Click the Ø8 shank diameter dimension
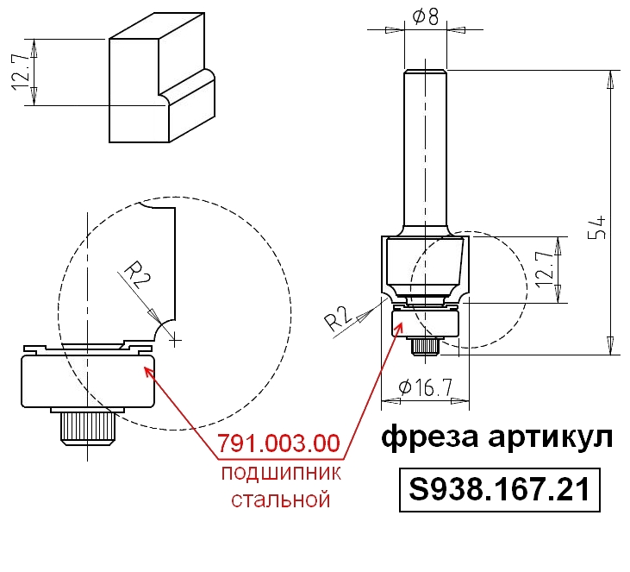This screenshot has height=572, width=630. coord(425,17)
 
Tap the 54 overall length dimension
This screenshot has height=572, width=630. coord(597,228)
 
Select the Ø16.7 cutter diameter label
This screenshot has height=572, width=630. coord(425,387)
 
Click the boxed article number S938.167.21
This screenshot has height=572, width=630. coord(499,489)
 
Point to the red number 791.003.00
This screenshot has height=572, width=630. coord(279,443)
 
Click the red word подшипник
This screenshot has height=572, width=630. coord(281,474)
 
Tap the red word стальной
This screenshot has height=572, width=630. coord(281,500)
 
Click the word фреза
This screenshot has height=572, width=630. coord(429,437)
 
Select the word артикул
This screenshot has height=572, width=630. coord(551,437)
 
